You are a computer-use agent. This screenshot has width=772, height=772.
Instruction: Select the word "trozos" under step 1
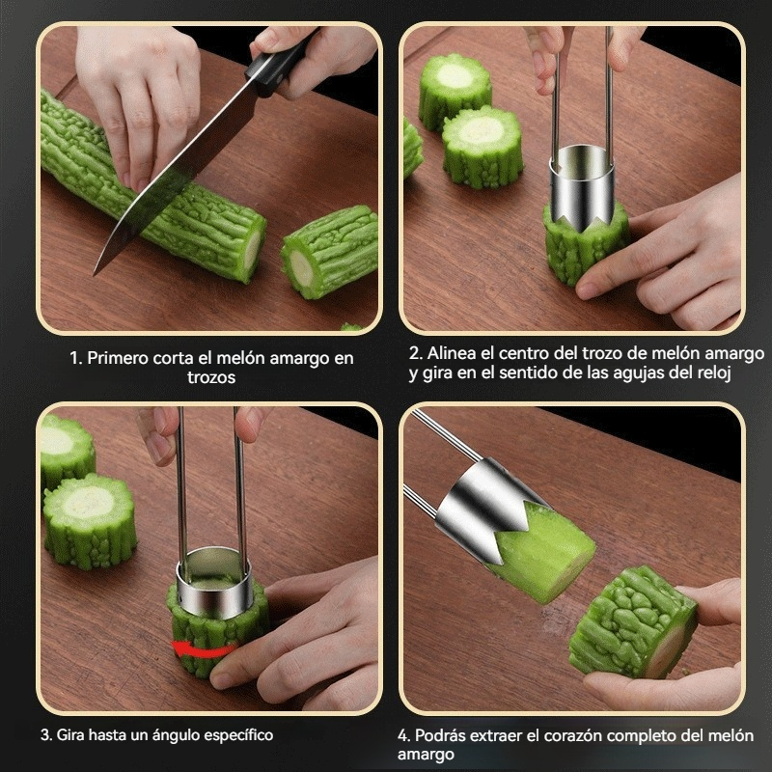[211, 377]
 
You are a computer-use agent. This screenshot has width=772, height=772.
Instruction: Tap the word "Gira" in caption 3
[70, 735]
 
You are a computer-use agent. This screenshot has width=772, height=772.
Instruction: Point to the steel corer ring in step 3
[214, 583]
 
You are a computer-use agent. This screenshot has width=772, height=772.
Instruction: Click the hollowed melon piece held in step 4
[634, 622]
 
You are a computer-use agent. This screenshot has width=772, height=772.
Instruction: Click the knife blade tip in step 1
[95, 274]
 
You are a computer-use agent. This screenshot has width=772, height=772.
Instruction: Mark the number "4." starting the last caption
[403, 736]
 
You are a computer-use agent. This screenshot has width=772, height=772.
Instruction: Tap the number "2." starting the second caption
[416, 353]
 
